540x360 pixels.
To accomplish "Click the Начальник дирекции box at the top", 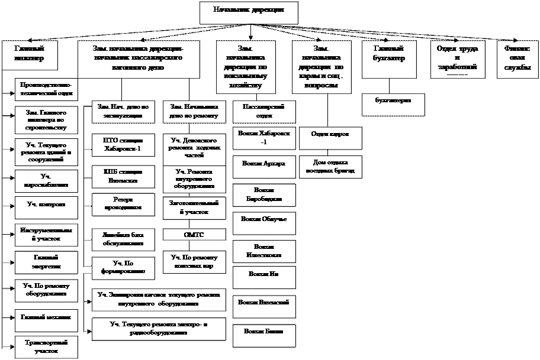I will pos(247,12).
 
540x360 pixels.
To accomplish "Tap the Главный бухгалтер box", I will pos(388,54).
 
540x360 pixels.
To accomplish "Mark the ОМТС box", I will pos(194,235).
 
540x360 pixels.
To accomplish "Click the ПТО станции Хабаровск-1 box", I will pos(123,145).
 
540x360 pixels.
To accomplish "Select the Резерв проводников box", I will pos(123,204).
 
